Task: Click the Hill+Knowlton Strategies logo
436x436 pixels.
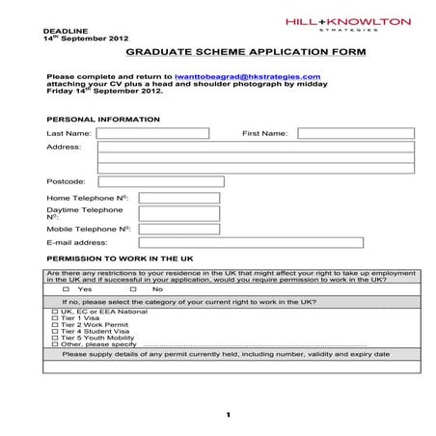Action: pos(348,24)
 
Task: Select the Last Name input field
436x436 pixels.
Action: pos(152,133)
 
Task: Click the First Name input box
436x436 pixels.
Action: pos(355,133)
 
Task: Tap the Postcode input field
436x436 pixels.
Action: pos(161,181)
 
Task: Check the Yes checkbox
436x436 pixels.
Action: pos(67,288)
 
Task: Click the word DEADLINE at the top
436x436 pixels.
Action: pos(60,30)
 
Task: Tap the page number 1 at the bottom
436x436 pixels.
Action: pos(229,415)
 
